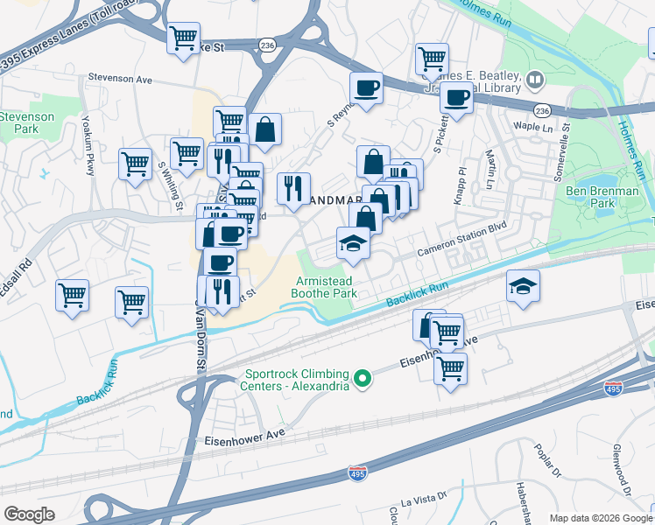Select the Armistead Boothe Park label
[x=326, y=286]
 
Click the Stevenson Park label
[x=26, y=122]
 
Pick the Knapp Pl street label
[x=459, y=185]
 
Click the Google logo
[x=30, y=514]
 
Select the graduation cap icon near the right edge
[x=523, y=286]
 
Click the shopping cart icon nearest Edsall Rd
[x=72, y=295]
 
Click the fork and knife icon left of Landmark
[x=293, y=187]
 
